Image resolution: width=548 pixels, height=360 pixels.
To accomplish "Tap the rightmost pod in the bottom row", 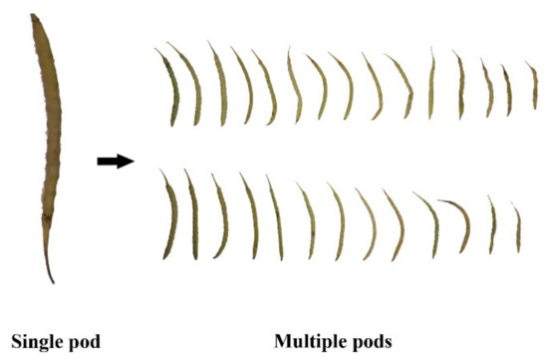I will coord(517,228).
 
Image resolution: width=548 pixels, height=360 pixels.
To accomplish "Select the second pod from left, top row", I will coord(190,85).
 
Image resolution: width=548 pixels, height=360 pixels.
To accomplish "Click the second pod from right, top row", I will coord(507,88).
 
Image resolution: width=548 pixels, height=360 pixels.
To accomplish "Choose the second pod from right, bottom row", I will coord(492,225).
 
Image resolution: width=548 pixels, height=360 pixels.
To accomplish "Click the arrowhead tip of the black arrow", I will coord(132,161).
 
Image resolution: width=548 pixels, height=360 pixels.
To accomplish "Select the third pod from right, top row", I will coord(487,88).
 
